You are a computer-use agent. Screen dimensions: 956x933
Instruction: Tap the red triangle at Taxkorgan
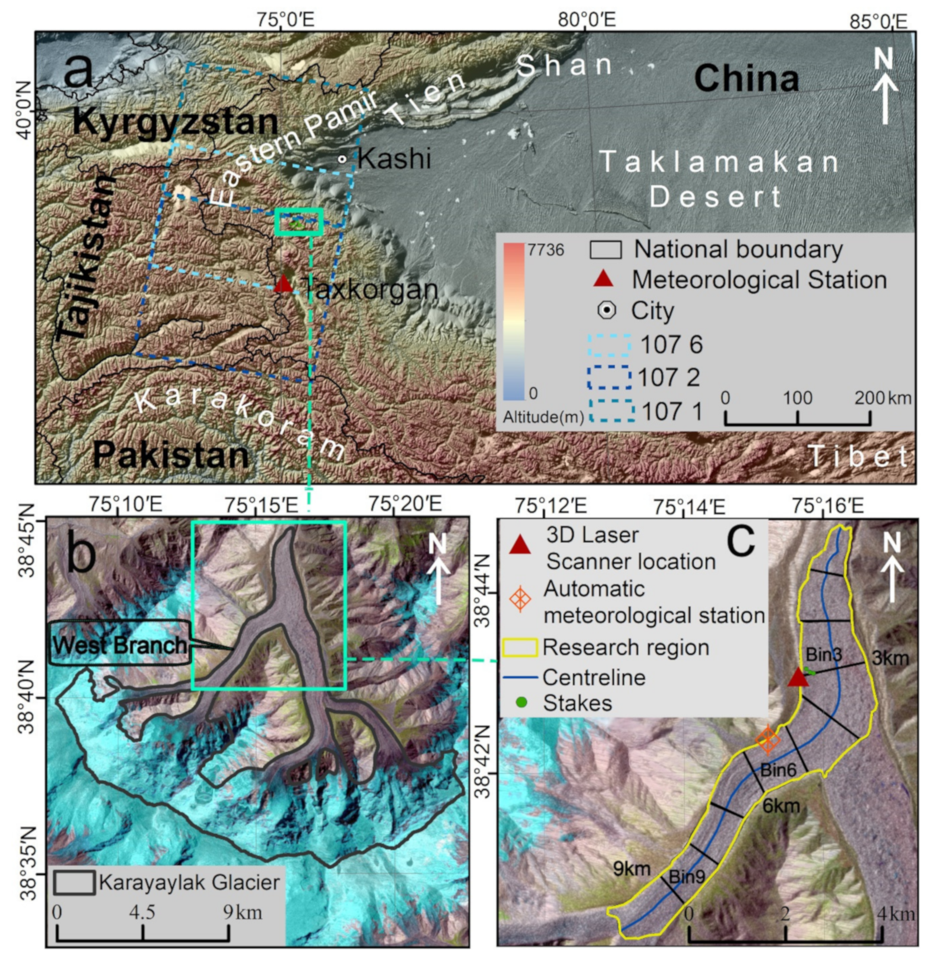(x=283, y=284)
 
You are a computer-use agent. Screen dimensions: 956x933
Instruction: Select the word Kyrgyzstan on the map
(x=175, y=123)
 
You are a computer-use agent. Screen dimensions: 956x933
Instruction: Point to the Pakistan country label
(x=172, y=455)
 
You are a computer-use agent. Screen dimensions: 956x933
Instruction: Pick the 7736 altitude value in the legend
(x=546, y=250)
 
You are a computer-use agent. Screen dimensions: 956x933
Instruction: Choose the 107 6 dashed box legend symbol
(x=610, y=345)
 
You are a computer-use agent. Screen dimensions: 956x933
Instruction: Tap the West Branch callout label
(x=120, y=645)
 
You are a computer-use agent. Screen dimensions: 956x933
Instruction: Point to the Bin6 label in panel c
(x=778, y=770)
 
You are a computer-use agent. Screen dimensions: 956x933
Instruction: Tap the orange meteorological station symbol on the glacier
(x=767, y=740)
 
